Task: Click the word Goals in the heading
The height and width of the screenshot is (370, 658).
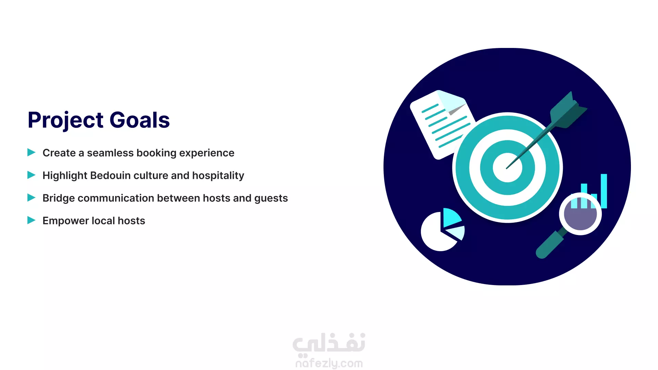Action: pyautogui.click(x=139, y=120)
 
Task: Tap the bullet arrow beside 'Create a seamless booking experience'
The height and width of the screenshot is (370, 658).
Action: pyautogui.click(x=32, y=152)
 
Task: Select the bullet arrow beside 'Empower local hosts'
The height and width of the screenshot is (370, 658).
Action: pyautogui.click(x=32, y=220)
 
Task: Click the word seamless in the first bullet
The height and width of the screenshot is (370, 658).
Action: pyautogui.click(x=110, y=153)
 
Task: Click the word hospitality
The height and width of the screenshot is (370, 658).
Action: pyautogui.click(x=218, y=176)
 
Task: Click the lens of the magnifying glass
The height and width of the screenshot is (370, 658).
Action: pyautogui.click(x=580, y=214)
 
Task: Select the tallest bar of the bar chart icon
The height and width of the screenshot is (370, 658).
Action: pyautogui.click(x=604, y=191)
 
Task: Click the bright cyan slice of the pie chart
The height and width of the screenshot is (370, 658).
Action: pyautogui.click(x=451, y=217)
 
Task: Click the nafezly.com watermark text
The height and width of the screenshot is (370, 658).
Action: pyautogui.click(x=329, y=363)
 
